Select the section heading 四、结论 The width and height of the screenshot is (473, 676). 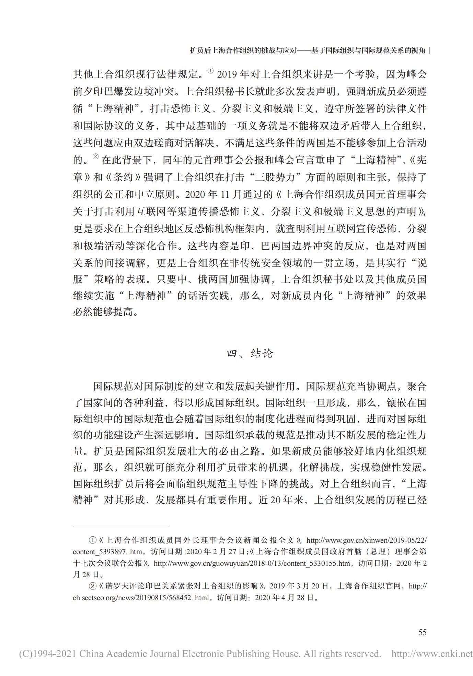(x=250, y=353)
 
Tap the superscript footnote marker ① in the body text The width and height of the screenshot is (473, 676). (x=210, y=71)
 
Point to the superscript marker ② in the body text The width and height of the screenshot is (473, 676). (x=95, y=157)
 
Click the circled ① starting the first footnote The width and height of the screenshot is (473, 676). (x=92, y=540)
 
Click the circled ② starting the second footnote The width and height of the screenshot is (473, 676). (x=92, y=586)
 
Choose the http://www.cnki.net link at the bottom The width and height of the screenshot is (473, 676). (x=432, y=654)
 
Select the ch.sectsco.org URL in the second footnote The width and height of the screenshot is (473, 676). (x=141, y=597)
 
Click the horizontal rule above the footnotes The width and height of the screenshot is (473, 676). (x=120, y=527)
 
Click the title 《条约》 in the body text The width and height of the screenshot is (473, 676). (x=123, y=177)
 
